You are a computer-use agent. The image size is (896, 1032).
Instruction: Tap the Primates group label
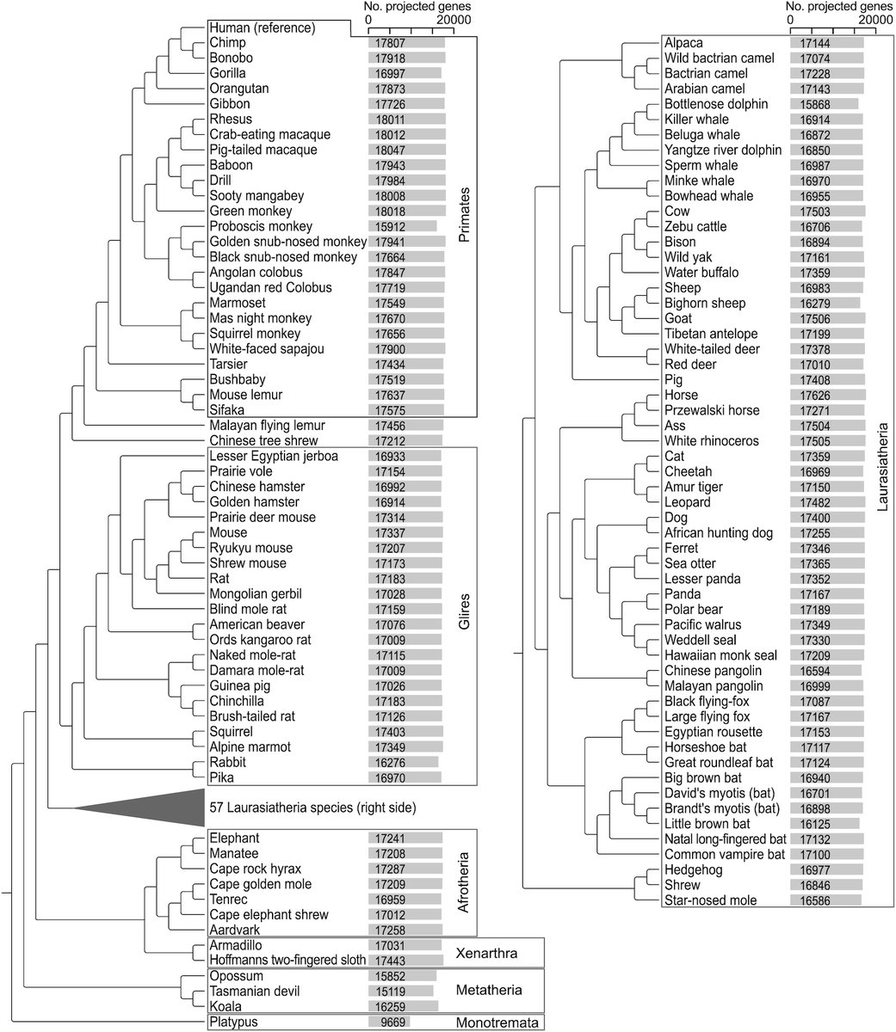point(464,224)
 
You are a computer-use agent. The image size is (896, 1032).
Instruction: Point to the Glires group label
point(464,615)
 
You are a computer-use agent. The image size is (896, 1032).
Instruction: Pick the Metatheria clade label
point(488,991)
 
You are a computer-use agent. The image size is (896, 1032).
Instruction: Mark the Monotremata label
point(497,1023)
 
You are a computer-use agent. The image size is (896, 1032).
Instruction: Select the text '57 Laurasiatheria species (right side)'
point(313,808)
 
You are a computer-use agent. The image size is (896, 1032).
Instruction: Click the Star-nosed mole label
point(710,900)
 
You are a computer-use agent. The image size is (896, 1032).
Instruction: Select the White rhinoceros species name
point(712,440)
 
